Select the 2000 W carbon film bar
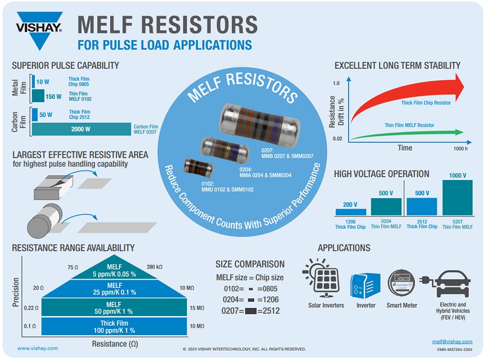point(81,129)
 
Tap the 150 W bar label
point(53,97)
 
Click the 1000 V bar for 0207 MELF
point(457,198)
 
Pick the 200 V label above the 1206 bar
point(350,205)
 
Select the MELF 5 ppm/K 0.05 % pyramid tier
point(114,270)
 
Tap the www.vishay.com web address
point(37,348)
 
